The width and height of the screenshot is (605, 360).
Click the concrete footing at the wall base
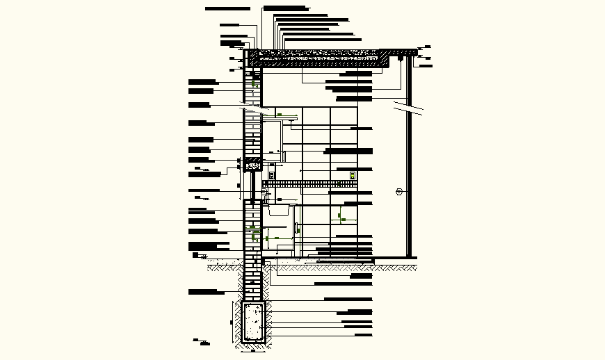pos(253,322)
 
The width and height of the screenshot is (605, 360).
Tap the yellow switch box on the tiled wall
pos(353,175)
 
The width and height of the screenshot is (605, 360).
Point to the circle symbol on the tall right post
pos(399,192)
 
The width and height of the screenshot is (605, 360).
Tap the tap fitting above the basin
pos(264,195)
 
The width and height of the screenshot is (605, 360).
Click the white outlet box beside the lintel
pos(271,175)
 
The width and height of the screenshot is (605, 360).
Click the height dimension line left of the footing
pos(232,322)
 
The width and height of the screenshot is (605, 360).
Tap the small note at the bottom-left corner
pos(202,341)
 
